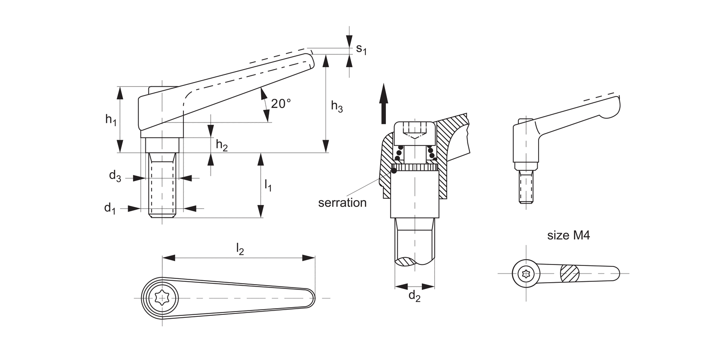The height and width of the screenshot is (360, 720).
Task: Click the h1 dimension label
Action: coord(111,120)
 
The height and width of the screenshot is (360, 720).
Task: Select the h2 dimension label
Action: coord(222,145)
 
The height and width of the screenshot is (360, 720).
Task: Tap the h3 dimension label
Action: coord(337,107)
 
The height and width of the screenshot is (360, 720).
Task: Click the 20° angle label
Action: coord(281,104)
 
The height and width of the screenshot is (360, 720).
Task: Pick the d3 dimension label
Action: coord(115,176)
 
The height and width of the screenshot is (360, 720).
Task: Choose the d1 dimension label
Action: coord(110,208)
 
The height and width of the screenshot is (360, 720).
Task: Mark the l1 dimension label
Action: coord(268,185)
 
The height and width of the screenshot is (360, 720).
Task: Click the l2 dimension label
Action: coord(240,249)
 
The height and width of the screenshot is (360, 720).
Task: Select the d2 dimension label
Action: coord(414,296)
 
